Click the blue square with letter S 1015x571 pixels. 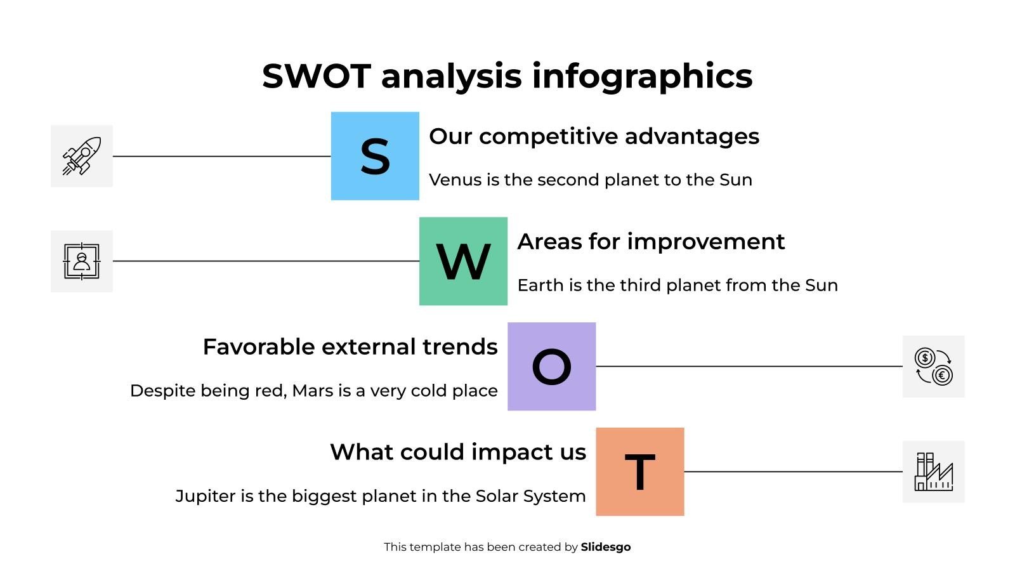point(375,156)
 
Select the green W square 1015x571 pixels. point(463,261)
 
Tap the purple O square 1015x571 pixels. point(551,367)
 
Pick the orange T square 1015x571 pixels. point(639,472)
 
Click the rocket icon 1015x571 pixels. point(82,156)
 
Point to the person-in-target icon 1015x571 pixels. point(82,261)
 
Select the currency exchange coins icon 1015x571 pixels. point(933,367)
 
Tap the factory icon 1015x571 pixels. point(933,472)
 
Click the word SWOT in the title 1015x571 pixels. point(316,76)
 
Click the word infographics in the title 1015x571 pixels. point(642,76)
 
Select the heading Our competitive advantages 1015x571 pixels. point(594,136)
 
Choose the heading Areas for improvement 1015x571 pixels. point(651,242)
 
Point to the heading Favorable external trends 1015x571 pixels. point(350,347)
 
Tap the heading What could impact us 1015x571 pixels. point(458,452)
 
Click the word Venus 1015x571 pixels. point(455,180)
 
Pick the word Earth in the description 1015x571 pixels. point(540,285)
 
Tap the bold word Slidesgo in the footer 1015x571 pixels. point(605,547)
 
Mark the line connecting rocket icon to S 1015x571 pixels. point(222,156)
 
